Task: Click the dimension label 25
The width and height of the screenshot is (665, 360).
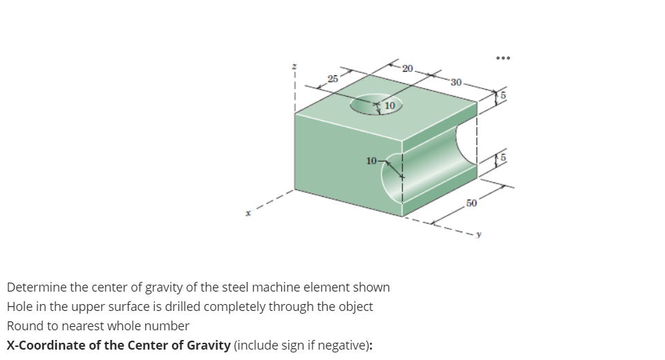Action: tap(333, 79)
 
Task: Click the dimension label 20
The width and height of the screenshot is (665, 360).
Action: tap(408, 68)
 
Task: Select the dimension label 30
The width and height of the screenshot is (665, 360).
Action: tap(455, 82)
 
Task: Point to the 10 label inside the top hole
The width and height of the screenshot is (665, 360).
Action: tap(389, 106)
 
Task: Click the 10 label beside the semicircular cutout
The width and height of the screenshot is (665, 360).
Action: tap(372, 160)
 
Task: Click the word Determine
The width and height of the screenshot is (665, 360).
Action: tap(36, 287)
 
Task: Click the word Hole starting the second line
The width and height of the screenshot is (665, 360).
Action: tap(20, 306)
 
